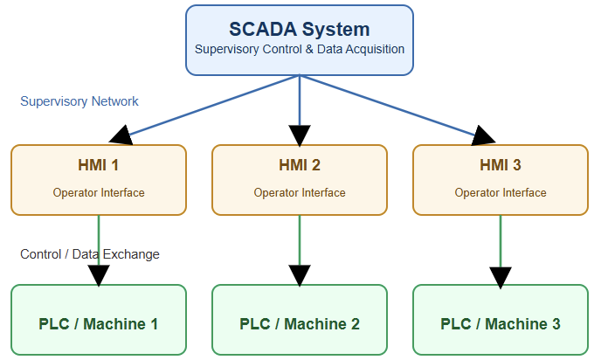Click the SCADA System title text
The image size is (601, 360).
click(x=300, y=29)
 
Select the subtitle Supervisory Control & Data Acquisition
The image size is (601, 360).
click(x=300, y=49)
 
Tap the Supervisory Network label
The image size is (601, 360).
click(x=79, y=101)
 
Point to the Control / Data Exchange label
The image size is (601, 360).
click(x=90, y=254)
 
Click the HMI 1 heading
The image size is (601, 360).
click(x=99, y=165)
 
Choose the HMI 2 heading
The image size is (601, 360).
click(x=300, y=165)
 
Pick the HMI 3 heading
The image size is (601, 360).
click(x=501, y=165)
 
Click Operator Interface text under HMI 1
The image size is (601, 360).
click(x=99, y=192)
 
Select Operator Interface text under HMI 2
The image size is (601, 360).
click(x=300, y=192)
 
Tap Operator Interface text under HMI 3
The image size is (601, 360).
click(x=501, y=192)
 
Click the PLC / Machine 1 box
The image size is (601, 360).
click(x=99, y=323)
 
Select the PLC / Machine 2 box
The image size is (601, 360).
click(x=300, y=323)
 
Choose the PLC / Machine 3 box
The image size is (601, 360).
click(x=501, y=323)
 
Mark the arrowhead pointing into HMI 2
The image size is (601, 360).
click(x=300, y=135)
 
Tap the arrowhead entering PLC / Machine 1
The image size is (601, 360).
click(x=99, y=274)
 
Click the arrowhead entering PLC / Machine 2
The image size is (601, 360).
click(x=300, y=274)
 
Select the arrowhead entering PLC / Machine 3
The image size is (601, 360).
click(x=501, y=277)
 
